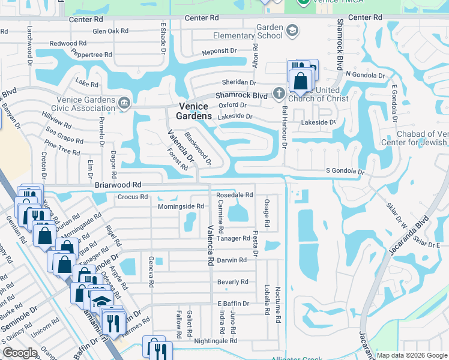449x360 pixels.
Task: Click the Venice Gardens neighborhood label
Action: [194, 110]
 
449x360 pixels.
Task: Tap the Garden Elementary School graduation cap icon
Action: [292, 31]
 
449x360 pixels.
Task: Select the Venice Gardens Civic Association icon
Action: [124, 103]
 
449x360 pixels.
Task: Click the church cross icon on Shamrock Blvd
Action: [279, 94]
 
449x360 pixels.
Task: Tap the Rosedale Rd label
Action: [235, 195]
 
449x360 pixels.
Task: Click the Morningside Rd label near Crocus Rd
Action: [164, 206]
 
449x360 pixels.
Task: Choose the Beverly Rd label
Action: [232, 281]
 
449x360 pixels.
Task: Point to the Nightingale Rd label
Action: [215, 340]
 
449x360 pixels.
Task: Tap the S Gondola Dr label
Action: [345, 172]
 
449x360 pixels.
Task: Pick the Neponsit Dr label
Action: [220, 52]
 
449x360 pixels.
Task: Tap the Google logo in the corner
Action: [20, 353]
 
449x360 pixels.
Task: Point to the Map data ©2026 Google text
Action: [411, 355]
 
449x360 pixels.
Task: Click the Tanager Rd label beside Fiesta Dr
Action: [234, 238]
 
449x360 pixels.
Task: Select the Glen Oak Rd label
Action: [110, 31]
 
